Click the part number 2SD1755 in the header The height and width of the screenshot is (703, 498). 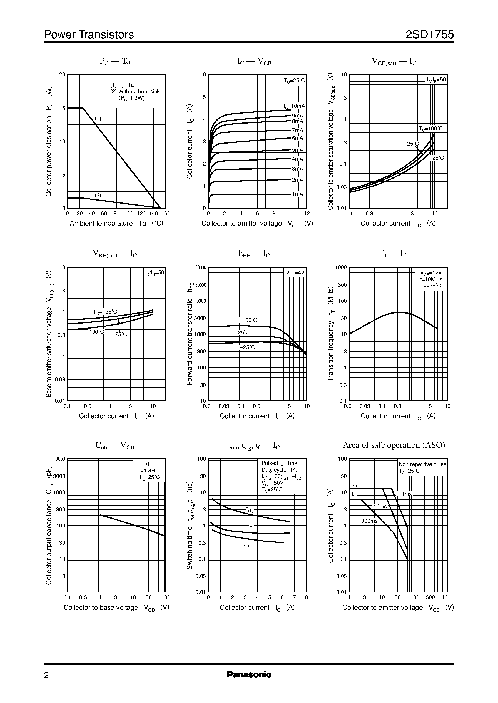[x=429, y=35]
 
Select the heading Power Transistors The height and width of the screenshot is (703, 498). [x=89, y=35]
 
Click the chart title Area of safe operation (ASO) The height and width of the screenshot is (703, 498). [x=394, y=445]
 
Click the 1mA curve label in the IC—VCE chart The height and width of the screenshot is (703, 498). [x=297, y=194]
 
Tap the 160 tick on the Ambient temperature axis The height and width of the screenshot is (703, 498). [x=166, y=214]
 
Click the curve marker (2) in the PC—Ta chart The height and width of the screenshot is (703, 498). [x=98, y=195]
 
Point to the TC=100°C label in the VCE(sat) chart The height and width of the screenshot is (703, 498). [x=431, y=129]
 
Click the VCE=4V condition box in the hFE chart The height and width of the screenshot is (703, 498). [x=295, y=273]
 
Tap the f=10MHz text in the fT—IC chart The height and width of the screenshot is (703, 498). [x=431, y=279]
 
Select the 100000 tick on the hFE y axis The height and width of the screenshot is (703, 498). [x=200, y=267]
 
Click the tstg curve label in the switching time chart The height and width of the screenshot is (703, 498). [x=250, y=510]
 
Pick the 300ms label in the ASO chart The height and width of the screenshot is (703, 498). [x=369, y=521]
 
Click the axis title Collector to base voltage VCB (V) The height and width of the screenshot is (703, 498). [x=116, y=608]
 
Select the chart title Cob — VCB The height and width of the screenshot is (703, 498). [x=115, y=446]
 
